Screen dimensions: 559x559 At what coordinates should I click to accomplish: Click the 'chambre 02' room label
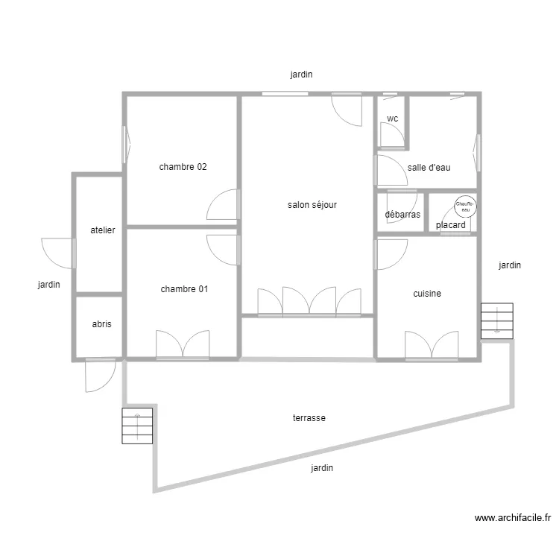pyautogui.click(x=183, y=167)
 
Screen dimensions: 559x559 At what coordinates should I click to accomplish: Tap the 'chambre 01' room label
pyautogui.click(x=183, y=289)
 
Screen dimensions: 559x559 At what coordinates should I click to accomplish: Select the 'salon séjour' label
pyautogui.click(x=312, y=204)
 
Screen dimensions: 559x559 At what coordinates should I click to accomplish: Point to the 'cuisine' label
pyautogui.click(x=427, y=294)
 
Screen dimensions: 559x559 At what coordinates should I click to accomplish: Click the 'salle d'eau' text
pyautogui.click(x=429, y=168)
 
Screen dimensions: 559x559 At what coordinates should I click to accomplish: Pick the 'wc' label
pyautogui.click(x=392, y=119)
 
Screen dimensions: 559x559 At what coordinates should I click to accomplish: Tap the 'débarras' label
pyautogui.click(x=402, y=215)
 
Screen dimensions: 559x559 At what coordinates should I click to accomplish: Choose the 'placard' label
pyautogui.click(x=451, y=224)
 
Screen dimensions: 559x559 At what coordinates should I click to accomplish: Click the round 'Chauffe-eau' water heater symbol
pyautogui.click(x=466, y=206)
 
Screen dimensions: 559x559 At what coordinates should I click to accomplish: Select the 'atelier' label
pyautogui.click(x=103, y=230)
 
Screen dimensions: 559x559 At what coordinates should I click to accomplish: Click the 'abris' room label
pyautogui.click(x=102, y=324)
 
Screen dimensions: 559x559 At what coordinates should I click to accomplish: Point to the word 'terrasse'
pyautogui.click(x=309, y=418)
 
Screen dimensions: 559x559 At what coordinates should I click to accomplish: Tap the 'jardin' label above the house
pyautogui.click(x=301, y=75)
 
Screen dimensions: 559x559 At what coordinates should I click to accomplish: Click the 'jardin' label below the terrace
pyautogui.click(x=322, y=468)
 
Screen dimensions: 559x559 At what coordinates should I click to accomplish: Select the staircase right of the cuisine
pyautogui.click(x=497, y=321)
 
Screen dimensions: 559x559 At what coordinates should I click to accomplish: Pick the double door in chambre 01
pyautogui.click(x=183, y=344)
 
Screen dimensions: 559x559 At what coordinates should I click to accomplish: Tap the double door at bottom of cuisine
pyautogui.click(x=432, y=345)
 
